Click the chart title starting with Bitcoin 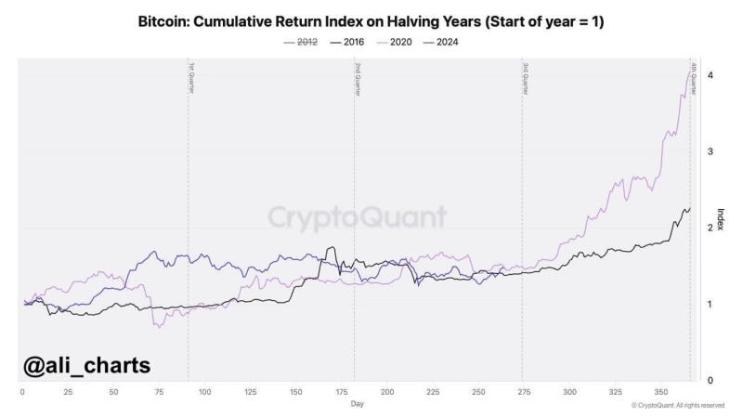[371, 20]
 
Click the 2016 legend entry [349, 42]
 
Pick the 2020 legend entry [395, 42]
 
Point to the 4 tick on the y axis [710, 75]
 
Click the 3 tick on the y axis [710, 151]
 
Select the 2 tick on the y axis [710, 228]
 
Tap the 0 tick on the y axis [710, 380]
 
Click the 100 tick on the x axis [204, 392]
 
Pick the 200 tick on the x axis [387, 392]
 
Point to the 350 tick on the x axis [661, 392]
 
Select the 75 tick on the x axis [159, 392]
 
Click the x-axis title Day [358, 404]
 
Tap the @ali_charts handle [86, 366]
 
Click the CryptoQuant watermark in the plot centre [358, 217]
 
